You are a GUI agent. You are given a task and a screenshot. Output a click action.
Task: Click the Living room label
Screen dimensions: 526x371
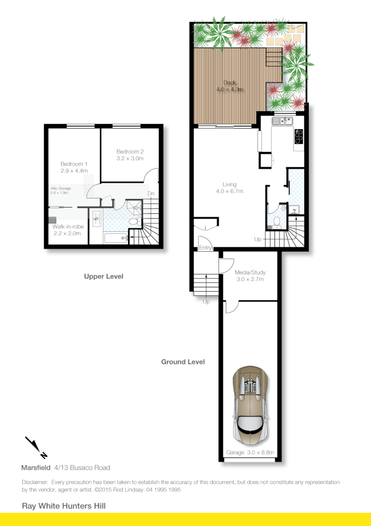coord(229,188)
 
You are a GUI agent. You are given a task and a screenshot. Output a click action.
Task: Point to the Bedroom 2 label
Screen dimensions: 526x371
coord(130,155)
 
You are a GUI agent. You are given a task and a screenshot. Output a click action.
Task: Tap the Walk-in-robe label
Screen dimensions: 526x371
coord(68,230)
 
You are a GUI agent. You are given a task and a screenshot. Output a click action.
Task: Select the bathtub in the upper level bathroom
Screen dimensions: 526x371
coord(115,238)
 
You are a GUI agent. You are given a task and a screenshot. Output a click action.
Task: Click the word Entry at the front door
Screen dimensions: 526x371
coord(205,248)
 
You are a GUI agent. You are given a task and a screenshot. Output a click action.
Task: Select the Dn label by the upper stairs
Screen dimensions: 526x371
coord(151,194)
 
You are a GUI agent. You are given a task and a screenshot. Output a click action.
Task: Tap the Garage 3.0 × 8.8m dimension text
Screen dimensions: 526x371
coord(250,453)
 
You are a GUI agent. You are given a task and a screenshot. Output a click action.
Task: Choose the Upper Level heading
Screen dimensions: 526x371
coord(104,276)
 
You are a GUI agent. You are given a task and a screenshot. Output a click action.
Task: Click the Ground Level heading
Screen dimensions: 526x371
coord(183,362)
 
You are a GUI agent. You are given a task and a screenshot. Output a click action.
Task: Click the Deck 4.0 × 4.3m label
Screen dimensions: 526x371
coord(230,86)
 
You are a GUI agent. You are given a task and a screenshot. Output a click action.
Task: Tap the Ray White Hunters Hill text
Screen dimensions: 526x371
coord(64,506)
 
